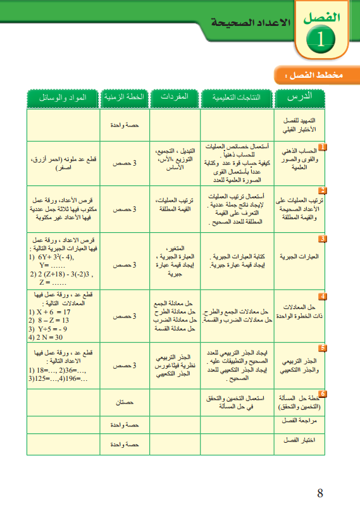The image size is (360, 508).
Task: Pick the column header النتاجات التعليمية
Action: point(236,97)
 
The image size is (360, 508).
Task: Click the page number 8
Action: point(320,492)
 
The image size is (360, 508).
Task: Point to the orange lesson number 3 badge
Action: point(321,239)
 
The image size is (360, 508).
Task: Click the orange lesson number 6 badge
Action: point(321,394)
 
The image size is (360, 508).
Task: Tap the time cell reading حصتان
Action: point(124,402)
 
